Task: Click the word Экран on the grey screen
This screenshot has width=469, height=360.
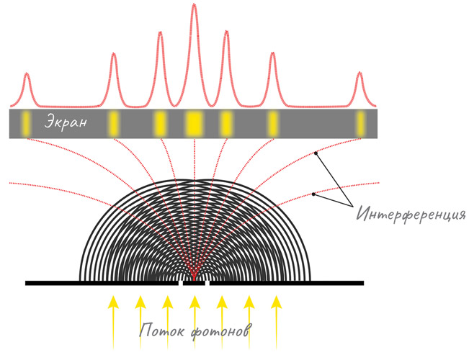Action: click(x=66, y=123)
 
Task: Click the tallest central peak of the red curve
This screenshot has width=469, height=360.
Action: click(x=194, y=7)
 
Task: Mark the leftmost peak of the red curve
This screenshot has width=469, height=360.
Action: click(x=27, y=74)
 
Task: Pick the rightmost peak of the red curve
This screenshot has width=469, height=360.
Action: click(x=359, y=74)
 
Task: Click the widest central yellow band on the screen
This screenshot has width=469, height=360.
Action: click(x=194, y=124)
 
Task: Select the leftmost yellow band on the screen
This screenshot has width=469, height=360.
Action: click(x=27, y=124)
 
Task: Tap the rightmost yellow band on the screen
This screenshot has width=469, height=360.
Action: click(x=360, y=124)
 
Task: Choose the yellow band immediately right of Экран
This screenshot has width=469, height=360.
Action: click(x=114, y=124)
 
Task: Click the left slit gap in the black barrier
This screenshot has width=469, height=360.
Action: click(x=181, y=283)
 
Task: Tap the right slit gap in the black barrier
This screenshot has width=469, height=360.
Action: click(x=207, y=283)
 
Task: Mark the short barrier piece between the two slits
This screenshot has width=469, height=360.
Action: click(x=194, y=283)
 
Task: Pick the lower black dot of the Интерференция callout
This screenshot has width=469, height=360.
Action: click(x=314, y=194)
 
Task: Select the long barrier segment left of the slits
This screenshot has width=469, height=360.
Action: click(x=101, y=283)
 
